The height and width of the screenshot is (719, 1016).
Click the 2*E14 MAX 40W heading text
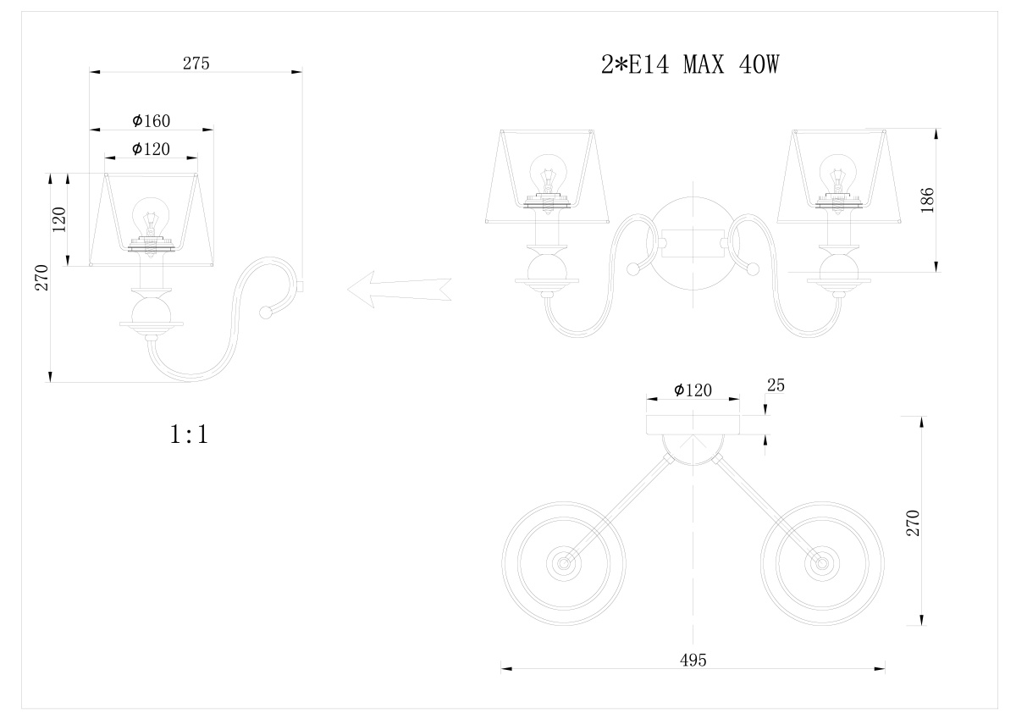(690, 64)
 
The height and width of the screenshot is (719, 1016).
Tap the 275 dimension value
(196, 64)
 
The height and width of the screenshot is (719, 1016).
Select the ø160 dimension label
(151, 120)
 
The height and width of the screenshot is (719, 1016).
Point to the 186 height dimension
(927, 200)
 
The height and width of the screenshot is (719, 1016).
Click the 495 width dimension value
(693, 660)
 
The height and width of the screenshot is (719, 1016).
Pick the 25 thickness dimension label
(776, 385)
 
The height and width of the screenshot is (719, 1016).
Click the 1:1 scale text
(189, 434)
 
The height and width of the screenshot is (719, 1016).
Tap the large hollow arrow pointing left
(399, 290)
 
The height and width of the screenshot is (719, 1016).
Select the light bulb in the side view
(151, 220)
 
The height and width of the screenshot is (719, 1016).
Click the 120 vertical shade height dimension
(59, 219)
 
